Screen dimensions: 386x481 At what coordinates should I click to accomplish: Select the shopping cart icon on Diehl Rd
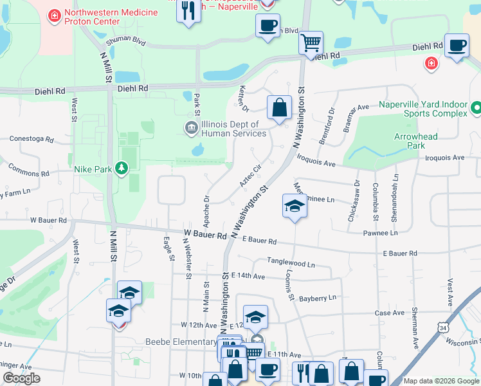point(311,43)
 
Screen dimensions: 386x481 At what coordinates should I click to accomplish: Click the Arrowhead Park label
point(416,141)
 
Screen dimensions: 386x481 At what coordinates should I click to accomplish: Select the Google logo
point(22,378)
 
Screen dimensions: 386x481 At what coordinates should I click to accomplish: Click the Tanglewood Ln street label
point(291,264)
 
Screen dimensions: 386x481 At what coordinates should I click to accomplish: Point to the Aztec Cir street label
point(250,176)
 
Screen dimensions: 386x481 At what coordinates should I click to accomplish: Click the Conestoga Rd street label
point(30,138)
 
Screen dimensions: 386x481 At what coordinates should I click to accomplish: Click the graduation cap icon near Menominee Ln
point(294,207)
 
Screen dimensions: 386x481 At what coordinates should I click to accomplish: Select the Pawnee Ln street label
point(380,233)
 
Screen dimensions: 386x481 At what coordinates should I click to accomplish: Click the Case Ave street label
point(390,313)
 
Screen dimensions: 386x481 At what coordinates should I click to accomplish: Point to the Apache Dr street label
point(206,212)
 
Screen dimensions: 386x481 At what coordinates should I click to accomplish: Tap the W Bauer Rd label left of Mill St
point(48,220)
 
